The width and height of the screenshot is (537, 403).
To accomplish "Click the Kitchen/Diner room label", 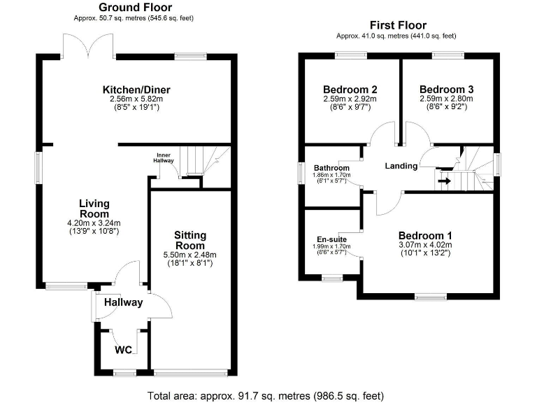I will coord(137,90).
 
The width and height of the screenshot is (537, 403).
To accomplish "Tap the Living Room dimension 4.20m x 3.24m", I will coord(94,223).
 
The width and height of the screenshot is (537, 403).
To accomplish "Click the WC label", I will coord(123,349).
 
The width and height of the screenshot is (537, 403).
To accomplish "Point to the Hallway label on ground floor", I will coord(123,302).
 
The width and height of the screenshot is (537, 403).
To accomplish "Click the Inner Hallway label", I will coord(163,157).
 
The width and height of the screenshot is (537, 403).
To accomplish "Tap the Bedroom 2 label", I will coord(350,90).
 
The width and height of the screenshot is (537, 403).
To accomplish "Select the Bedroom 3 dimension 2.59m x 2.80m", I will coord(447,99).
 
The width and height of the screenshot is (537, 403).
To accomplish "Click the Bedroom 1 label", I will coord(425,235).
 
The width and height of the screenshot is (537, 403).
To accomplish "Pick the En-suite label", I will coord(332,239).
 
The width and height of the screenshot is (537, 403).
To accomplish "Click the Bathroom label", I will coord(331,169).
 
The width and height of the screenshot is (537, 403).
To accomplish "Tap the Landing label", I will coord(401,166).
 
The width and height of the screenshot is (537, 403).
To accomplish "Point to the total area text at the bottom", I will coord(266,395).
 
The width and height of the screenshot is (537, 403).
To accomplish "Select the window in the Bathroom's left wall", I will coord(301,172).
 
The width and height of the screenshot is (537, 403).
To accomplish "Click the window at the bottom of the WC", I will coord(124,373).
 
